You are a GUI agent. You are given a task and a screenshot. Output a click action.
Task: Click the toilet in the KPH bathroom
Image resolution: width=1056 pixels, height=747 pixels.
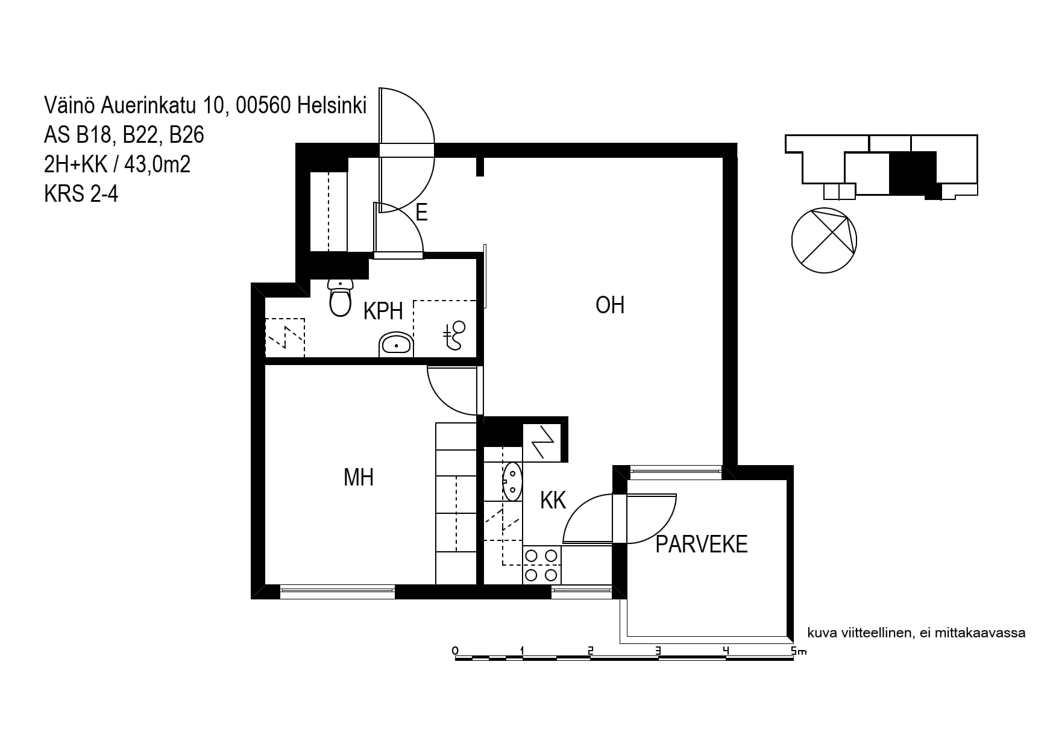click(x=341, y=298)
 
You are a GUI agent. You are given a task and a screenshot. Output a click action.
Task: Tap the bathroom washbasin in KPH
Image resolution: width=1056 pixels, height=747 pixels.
click(x=396, y=344)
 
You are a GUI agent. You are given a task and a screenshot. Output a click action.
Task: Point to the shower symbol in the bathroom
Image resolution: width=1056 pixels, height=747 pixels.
click(x=455, y=335)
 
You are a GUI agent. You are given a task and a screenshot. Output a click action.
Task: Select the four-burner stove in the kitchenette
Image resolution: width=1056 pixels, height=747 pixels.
click(x=541, y=565)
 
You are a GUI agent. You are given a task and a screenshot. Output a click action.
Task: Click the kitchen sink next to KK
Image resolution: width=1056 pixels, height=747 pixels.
click(x=512, y=481)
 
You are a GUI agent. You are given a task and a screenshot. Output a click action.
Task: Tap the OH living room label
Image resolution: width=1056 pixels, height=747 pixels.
click(x=610, y=305)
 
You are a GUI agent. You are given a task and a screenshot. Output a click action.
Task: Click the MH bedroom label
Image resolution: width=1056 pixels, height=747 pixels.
click(x=359, y=477)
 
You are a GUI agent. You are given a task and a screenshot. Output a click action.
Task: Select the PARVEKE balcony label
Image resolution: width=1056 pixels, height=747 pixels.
click(x=702, y=544)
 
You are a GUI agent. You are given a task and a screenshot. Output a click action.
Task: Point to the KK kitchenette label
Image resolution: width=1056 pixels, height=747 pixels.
click(x=553, y=500)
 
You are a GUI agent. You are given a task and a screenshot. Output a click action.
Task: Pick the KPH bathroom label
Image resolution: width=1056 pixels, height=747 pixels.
click(x=383, y=311)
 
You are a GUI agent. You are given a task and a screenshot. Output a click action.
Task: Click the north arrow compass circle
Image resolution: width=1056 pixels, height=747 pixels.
click(x=824, y=240)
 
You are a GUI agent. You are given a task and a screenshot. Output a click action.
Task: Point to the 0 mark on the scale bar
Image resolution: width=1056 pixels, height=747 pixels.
click(x=455, y=651)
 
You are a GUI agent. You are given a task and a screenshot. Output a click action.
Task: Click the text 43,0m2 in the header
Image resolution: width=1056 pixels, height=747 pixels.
click(x=157, y=164)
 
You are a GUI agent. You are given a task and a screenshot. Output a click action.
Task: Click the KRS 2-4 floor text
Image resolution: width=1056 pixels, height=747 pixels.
click(x=81, y=194)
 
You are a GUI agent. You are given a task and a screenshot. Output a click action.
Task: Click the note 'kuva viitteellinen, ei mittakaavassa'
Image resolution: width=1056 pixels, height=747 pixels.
click(x=916, y=633)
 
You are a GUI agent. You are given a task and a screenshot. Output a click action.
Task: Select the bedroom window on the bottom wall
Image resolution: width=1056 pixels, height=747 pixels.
click(x=338, y=592)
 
